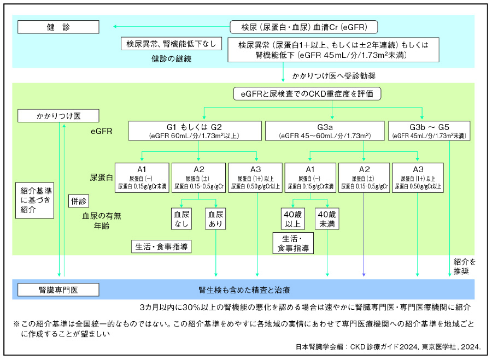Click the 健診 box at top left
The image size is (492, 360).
[x=58, y=27]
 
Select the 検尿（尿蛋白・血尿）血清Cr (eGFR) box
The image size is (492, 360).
[x=302, y=27]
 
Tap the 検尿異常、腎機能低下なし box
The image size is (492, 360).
[x=171, y=44]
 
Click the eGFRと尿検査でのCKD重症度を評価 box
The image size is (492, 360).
[x=307, y=94]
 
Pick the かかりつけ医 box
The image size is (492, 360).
[x=58, y=116]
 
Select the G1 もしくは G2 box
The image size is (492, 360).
[x=194, y=129]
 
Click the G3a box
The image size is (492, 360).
[x=324, y=129]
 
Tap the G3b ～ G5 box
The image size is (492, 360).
[x=429, y=129]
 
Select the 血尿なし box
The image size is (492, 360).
[x=182, y=219]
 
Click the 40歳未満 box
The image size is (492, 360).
[x=327, y=219]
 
